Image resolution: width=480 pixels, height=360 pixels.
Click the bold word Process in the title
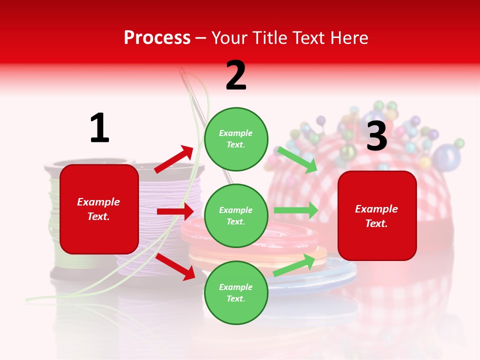[x=157, y=37]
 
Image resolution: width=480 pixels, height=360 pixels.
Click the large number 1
[x=99, y=128]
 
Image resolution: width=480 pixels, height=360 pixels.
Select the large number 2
[x=236, y=75]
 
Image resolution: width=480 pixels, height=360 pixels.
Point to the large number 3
[x=376, y=136]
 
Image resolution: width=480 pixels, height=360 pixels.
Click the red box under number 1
[x=99, y=209]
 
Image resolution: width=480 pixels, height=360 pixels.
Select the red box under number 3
[x=377, y=215]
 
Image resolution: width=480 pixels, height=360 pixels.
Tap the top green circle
[x=236, y=139]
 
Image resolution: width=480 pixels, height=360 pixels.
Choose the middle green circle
[x=236, y=215]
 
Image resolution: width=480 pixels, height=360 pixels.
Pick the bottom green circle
[x=236, y=292]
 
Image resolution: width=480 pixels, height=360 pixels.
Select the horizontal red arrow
[x=175, y=211]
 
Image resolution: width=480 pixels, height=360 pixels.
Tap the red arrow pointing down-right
[x=175, y=266]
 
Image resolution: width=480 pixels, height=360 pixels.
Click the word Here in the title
[x=350, y=37]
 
